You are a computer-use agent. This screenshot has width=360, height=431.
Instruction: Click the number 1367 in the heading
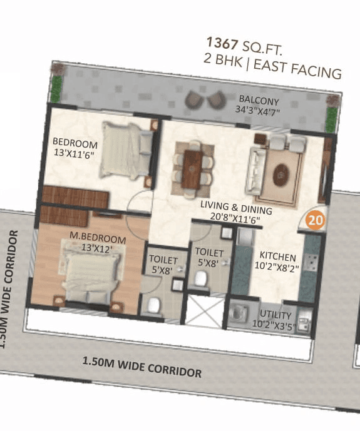[222, 44]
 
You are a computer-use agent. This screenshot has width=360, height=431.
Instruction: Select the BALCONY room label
[259, 101]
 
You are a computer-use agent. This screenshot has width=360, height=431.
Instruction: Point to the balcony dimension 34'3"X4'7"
[257, 111]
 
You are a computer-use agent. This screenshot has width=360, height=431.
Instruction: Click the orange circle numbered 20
[316, 221]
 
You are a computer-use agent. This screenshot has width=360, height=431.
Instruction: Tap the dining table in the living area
[193, 164]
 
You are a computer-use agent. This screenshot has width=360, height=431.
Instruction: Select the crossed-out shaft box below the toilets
[203, 311]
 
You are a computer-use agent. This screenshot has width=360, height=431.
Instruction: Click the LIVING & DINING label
[236, 208]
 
